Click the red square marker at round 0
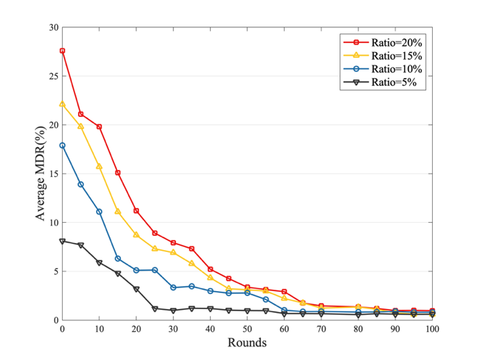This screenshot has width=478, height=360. pyautogui.click(x=63, y=51)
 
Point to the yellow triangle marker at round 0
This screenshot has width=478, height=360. pyautogui.click(x=63, y=104)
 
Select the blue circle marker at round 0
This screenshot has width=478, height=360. pyautogui.click(x=63, y=146)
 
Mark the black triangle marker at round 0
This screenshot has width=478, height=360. pyautogui.click(x=63, y=241)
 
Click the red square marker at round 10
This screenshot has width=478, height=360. pyautogui.click(x=99, y=127)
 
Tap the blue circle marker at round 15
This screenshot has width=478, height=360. pyautogui.click(x=118, y=258)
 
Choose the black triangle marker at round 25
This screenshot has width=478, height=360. pyautogui.click(x=154, y=308)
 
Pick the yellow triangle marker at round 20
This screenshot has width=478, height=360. pyautogui.click(x=136, y=235)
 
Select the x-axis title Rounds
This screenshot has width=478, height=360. pyautogui.click(x=248, y=343)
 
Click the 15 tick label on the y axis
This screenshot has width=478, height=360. pyautogui.click(x=52, y=174)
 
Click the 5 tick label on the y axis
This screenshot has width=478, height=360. pyautogui.click(x=54, y=272)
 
